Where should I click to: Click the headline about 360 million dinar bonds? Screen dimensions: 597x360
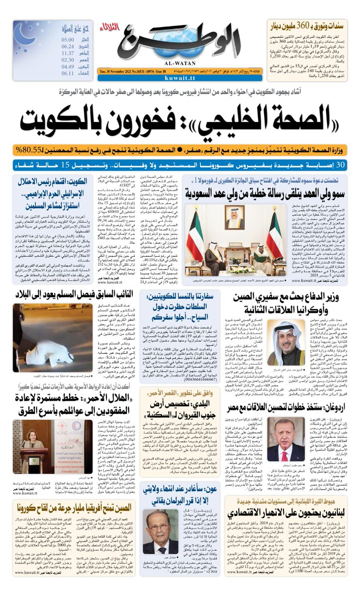[310, 24]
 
